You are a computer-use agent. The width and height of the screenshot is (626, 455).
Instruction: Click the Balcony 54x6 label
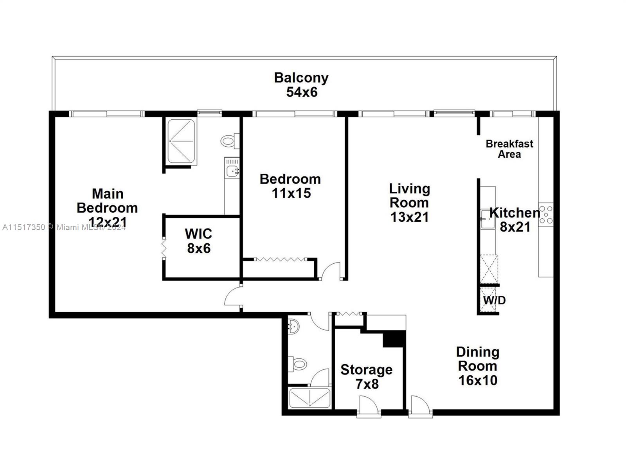[301, 85]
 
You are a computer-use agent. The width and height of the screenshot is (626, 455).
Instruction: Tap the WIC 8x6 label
[198, 241]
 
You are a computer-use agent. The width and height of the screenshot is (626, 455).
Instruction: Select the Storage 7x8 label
[367, 377]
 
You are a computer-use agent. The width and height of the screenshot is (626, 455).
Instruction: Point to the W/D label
[495, 300]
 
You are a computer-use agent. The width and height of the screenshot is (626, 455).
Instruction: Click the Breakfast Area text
[509, 149]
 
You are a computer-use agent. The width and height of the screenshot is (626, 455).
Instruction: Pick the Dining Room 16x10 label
[478, 366]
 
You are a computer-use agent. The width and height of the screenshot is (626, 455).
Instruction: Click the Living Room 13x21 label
[409, 203]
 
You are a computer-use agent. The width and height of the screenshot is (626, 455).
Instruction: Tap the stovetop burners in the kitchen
[546, 214]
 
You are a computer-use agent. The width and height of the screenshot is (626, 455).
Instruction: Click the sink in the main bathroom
[232, 171]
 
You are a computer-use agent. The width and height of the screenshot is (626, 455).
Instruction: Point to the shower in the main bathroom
[181, 141]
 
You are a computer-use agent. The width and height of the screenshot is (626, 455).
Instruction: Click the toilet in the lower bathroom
[297, 364]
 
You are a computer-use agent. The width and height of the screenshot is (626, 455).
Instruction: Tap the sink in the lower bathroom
[294, 326]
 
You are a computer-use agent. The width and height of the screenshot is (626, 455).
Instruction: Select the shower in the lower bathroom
[309, 398]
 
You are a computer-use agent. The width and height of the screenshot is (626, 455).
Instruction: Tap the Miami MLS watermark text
[64, 227]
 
